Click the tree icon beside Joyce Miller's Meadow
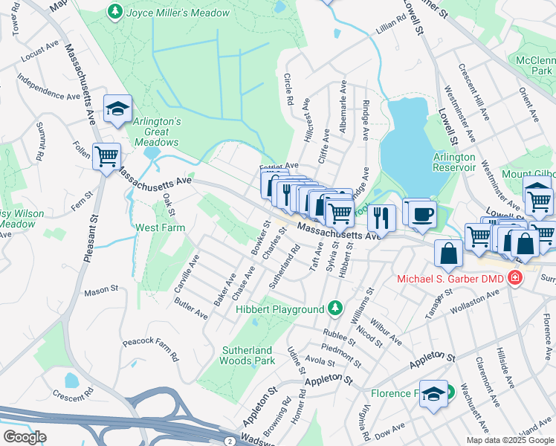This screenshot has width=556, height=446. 114,11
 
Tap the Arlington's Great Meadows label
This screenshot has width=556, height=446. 157,132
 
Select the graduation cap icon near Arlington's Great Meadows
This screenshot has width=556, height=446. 117,109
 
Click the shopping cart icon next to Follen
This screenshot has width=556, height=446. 107,156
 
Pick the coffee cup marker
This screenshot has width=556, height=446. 422,213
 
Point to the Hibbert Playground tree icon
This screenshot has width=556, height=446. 335,308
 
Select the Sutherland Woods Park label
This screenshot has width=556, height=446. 248,355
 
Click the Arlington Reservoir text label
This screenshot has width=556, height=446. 454,162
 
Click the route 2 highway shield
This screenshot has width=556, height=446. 230,442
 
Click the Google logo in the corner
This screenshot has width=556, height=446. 25,437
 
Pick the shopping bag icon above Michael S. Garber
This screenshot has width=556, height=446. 450,254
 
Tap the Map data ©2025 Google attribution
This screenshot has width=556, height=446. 510,440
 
